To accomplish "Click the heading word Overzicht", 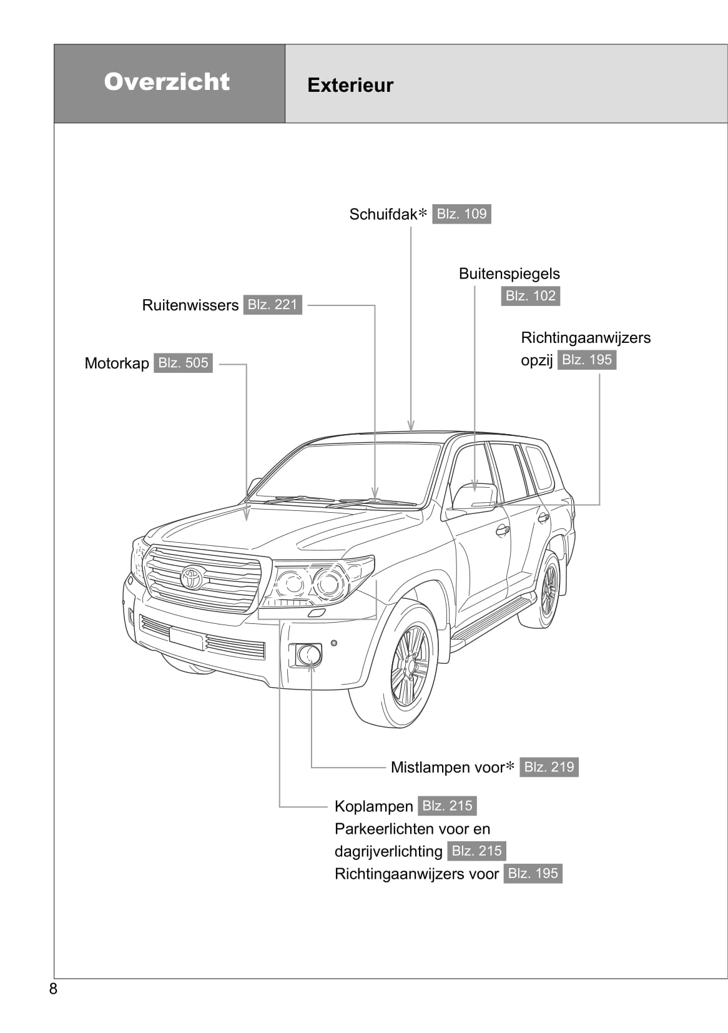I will (167, 82).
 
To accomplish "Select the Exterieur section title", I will (350, 85).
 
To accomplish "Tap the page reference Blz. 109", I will (461, 214).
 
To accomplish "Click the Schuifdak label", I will (383, 214).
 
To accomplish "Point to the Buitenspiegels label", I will (509, 274).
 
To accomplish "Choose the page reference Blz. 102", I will (530, 295).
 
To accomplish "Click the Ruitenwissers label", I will (190, 305).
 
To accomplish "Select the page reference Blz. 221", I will (272, 305).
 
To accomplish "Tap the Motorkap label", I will (117, 363).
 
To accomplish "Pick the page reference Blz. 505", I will (183, 363).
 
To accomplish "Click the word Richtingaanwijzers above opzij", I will (585, 338).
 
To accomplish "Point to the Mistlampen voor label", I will (447, 767).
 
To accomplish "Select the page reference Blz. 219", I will (549, 767).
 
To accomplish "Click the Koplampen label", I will (373, 806).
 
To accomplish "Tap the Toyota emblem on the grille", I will (193, 576).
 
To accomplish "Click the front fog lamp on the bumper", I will (308, 655).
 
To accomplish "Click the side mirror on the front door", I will (475, 498).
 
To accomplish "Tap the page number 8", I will (53, 989).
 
